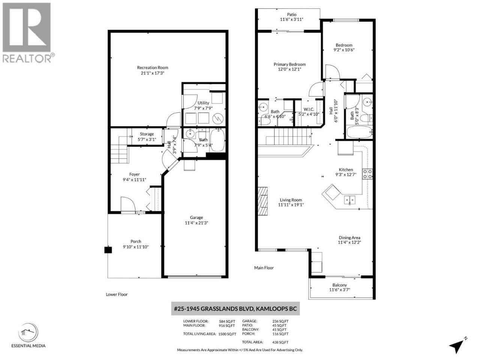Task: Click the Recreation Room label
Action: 152,67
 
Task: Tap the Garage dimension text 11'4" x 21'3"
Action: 196,223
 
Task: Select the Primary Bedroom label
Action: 289,64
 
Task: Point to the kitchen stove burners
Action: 367,174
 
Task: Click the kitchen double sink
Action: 349,200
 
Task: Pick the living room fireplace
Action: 262,201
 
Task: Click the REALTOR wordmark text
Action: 27,58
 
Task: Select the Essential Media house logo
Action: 28,333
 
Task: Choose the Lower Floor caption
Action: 117,294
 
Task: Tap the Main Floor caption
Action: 264,268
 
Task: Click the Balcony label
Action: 339,285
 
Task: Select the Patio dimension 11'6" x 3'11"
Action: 291,19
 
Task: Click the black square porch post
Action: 108,250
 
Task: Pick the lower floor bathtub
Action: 217,139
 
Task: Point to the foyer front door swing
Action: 128,204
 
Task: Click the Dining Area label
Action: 349,238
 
